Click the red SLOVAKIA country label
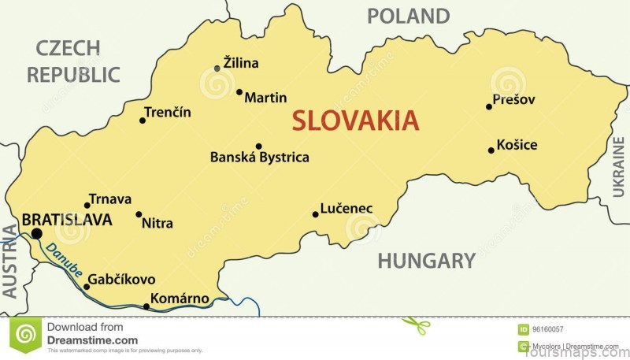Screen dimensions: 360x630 [355, 121]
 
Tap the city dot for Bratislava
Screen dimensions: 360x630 [36, 233]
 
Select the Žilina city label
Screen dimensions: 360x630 [241, 63]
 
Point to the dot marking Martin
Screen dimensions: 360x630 [239, 91]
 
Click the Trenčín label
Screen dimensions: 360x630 [169, 112]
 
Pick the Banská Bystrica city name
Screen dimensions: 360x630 [259, 158]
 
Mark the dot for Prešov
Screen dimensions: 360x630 [489, 106]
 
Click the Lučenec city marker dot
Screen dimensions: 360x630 [315, 213]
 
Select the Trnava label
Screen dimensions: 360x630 [110, 199]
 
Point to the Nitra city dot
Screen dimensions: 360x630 [139, 213]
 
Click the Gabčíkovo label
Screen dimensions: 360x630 [121, 280]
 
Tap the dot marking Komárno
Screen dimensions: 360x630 [146, 306]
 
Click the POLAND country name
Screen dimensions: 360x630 [408, 16]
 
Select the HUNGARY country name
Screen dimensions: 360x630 [426, 261]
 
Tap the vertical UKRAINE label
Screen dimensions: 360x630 [617, 165]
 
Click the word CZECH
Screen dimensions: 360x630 [68, 48]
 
